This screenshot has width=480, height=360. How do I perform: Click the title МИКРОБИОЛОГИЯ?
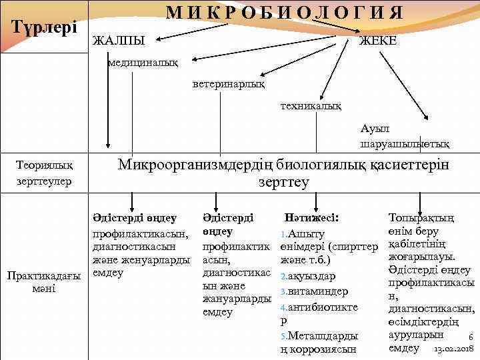click(x=283, y=13)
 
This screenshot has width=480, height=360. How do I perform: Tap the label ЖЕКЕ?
click(x=378, y=41)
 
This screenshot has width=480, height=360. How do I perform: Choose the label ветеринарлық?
click(x=228, y=85)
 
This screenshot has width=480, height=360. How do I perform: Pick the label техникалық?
click(x=311, y=106)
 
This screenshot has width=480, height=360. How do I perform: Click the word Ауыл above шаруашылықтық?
click(x=373, y=128)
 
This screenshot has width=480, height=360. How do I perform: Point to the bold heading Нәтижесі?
click(x=311, y=217)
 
